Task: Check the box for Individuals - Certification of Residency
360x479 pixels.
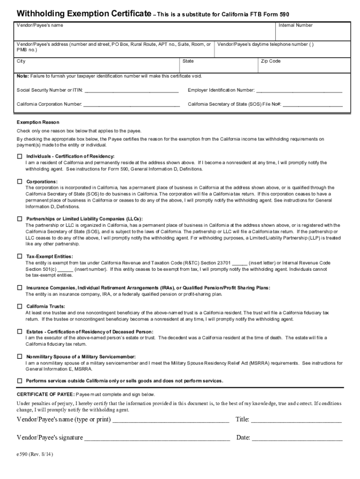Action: (20, 156)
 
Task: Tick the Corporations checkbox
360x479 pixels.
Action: (20, 181)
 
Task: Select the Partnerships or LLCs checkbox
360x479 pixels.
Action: (20, 218)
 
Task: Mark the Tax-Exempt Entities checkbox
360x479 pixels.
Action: (20, 256)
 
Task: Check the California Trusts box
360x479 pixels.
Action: (20, 306)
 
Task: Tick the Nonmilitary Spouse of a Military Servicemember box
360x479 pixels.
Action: (20, 356)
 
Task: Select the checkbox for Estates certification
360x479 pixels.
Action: (20, 331)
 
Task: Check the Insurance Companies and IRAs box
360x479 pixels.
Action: (20, 287)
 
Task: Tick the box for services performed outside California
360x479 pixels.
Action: (20, 380)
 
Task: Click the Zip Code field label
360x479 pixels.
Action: (271, 61)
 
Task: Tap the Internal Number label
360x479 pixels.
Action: (295, 25)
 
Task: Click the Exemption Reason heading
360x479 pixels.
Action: (38, 122)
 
